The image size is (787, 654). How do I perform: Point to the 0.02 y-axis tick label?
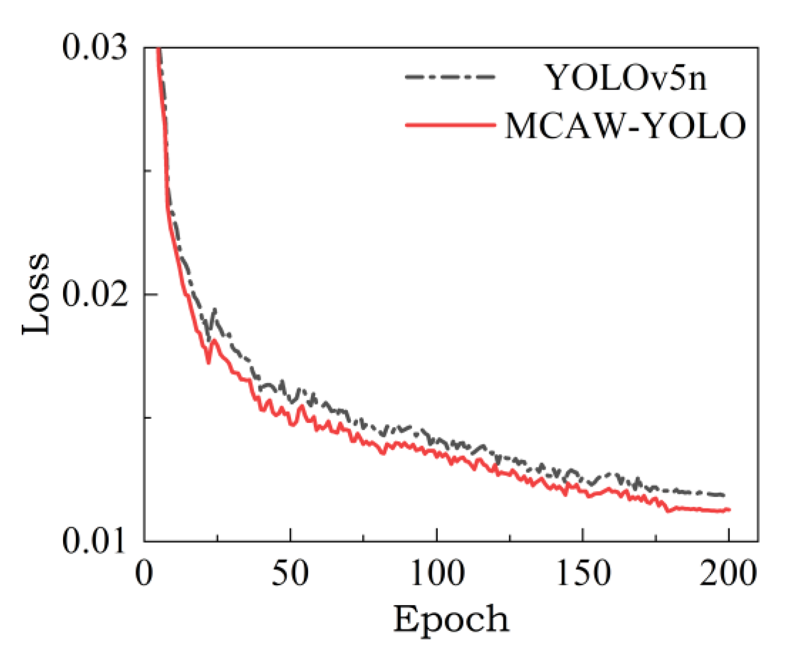[x=95, y=294]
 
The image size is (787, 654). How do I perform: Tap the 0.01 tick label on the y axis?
[x=95, y=540]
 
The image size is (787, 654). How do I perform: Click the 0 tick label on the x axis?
[x=144, y=573]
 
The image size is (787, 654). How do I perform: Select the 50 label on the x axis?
[x=290, y=573]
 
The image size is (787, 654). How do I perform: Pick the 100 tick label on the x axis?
[x=436, y=573]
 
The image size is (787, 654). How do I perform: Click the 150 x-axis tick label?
[x=582, y=573]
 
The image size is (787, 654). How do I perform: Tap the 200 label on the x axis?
[x=728, y=573]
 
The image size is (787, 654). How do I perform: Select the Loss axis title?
[x=36, y=294]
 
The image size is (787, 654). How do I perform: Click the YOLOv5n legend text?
[x=626, y=77]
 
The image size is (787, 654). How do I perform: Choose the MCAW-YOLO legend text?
[x=625, y=126]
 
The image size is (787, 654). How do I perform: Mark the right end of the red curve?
[x=729, y=509]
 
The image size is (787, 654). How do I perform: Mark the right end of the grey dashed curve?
[x=724, y=495]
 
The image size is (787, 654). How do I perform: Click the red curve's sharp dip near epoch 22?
[x=208, y=362]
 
